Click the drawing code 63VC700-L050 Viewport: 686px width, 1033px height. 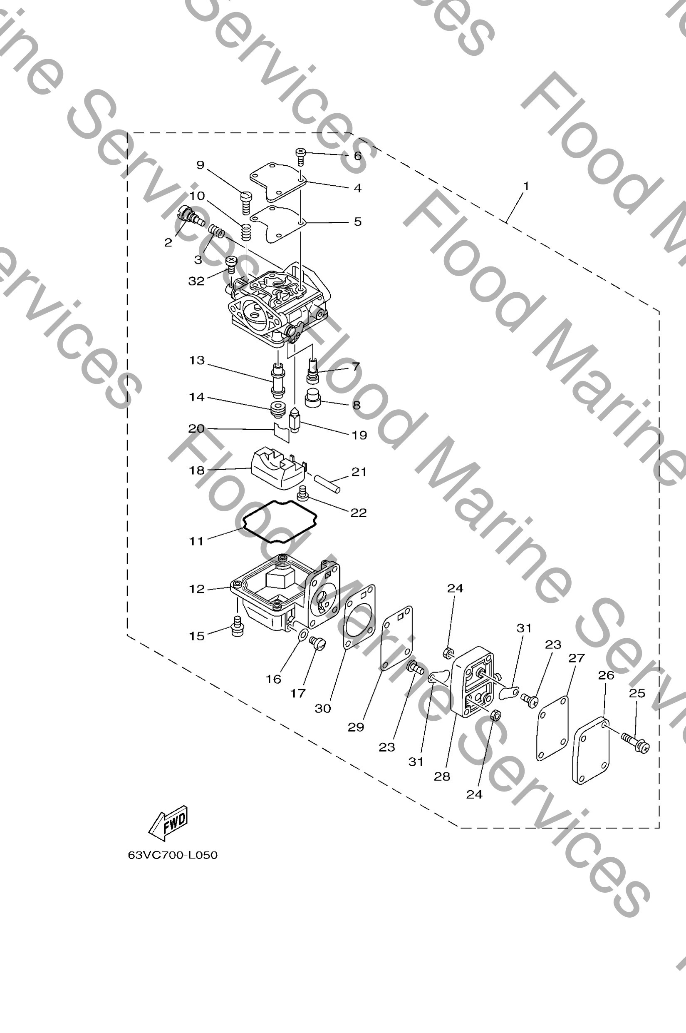(x=172, y=855)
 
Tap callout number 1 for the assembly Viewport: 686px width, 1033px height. (x=526, y=186)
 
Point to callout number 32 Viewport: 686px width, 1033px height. (x=196, y=281)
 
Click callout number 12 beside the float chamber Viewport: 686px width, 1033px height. (x=197, y=589)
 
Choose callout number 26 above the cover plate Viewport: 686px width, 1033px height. (x=606, y=675)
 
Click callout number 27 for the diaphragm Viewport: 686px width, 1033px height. (x=576, y=658)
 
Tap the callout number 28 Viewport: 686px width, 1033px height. (x=442, y=777)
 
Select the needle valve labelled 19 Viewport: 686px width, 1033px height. (x=294, y=421)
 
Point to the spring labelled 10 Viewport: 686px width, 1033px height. (x=247, y=231)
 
